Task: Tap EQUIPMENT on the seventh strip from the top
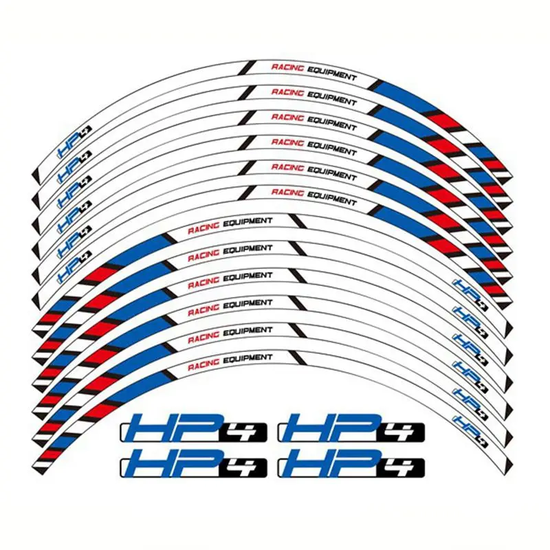[x=247, y=221]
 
